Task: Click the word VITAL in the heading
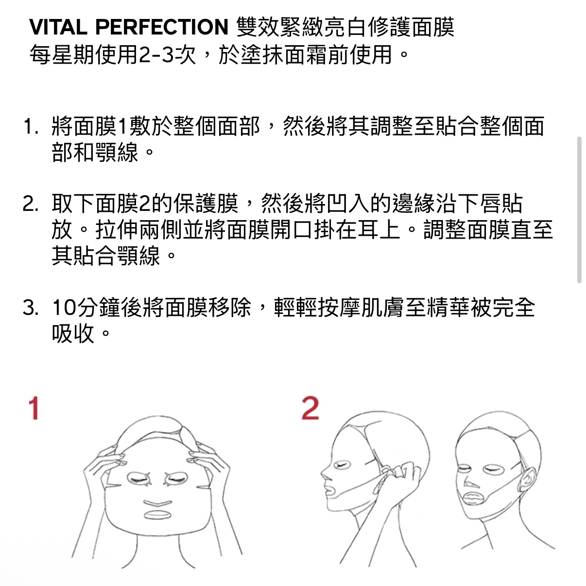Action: tap(58, 27)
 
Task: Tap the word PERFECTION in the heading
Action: tap(161, 27)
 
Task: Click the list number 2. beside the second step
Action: tap(31, 205)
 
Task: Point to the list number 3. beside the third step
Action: tap(31, 308)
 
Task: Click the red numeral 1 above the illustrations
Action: tap(33, 409)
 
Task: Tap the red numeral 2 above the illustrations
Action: tap(310, 408)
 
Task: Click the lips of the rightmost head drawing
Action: tap(472, 499)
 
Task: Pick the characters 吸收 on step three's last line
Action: tap(73, 334)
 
